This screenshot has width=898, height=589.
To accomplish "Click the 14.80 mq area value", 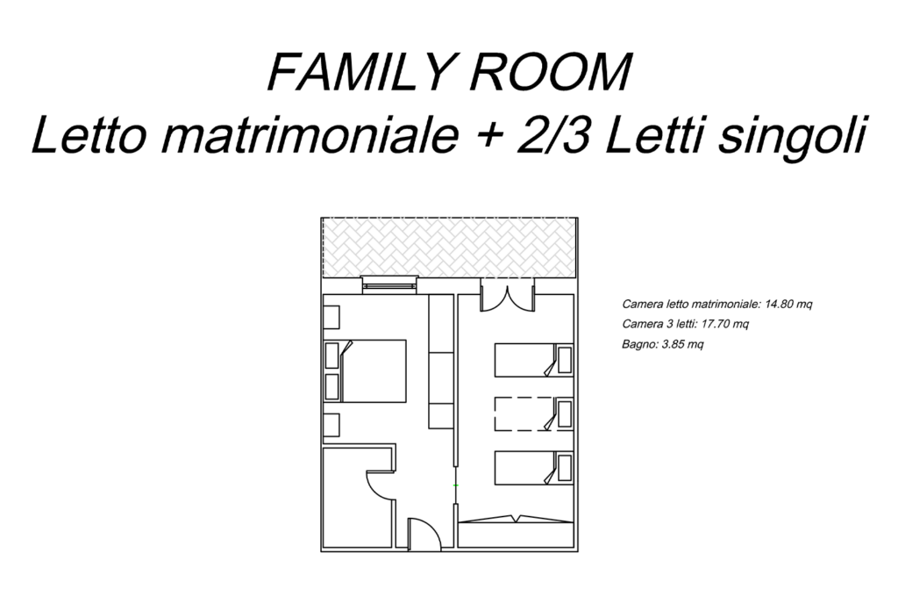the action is pos(788,304).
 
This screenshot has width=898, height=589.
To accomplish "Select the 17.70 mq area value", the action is pos(724,324).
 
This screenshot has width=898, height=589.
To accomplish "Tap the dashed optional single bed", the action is pos(534,414).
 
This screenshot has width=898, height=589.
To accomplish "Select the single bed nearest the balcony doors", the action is pos(534,360).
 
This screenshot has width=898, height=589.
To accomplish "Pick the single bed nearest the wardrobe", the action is pos(534,468).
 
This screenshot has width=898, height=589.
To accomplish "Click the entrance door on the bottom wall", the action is pos(424,535).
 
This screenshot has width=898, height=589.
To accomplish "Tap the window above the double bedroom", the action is pos(389,285).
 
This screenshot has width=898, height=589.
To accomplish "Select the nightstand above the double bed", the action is pos(331,317).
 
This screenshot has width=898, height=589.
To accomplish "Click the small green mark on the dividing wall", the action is pos(456,485).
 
